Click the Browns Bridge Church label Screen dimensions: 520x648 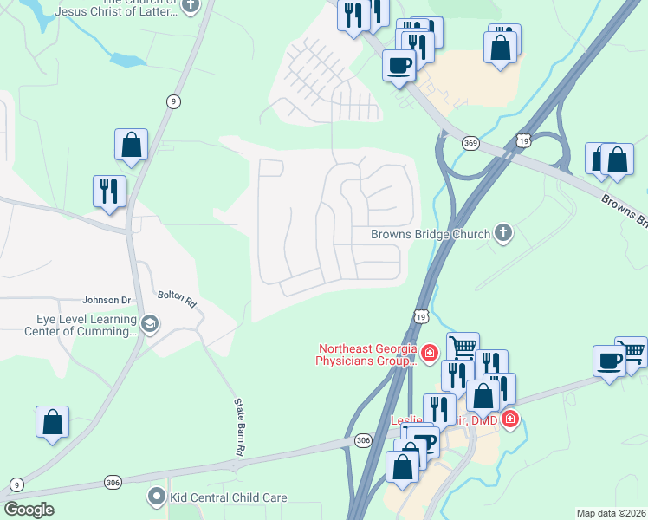tap(430, 234)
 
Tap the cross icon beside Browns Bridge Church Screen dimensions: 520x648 tap(502, 232)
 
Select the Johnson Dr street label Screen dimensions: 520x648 tap(107, 301)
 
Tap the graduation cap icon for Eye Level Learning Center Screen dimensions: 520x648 tap(150, 324)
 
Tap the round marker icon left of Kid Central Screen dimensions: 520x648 tap(156, 497)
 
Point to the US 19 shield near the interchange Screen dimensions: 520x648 tap(522, 140)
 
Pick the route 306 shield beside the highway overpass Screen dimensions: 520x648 tap(362, 441)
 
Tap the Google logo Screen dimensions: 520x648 tap(29, 510)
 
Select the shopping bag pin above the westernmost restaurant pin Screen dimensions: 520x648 tap(131, 146)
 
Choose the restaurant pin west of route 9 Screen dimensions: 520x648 tap(110, 192)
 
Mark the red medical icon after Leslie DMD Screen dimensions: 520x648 tap(510, 419)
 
